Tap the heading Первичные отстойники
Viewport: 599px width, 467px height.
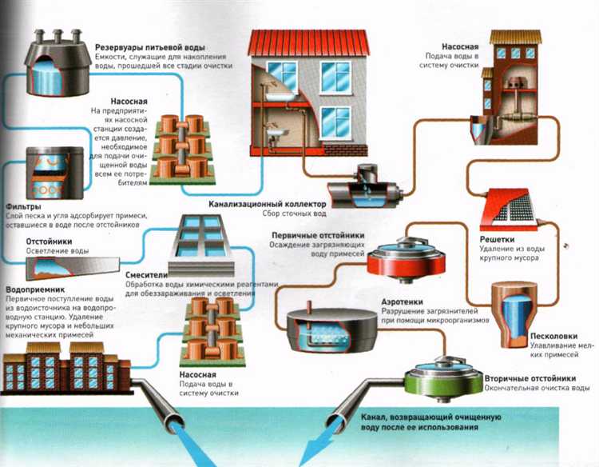tap(318, 236)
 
